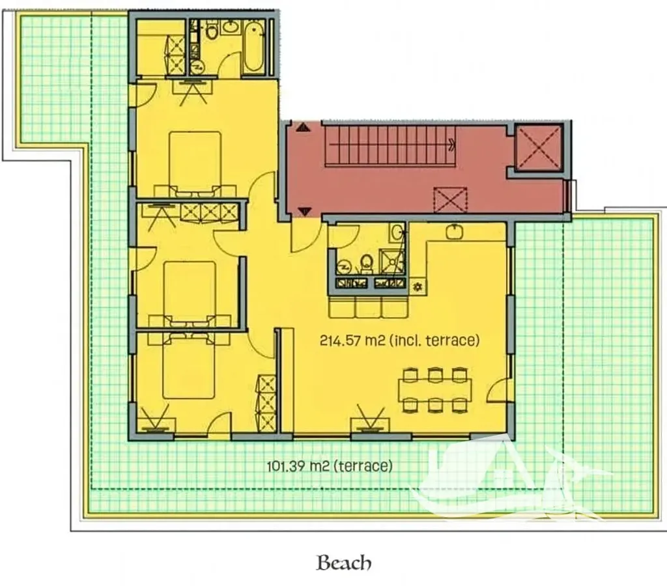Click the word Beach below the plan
tap(344, 563)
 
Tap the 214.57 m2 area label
tap(399, 340)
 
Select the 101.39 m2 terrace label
tap(329, 466)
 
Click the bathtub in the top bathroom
tap(253, 47)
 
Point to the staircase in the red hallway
tap(390, 145)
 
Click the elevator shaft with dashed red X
tap(539, 147)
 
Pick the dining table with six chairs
tap(434, 390)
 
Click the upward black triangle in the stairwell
tap(304, 127)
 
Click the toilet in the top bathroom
tap(212, 30)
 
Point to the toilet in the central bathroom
tap(366, 264)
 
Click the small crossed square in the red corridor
tap(451, 200)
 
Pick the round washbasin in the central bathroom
tap(397, 232)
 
